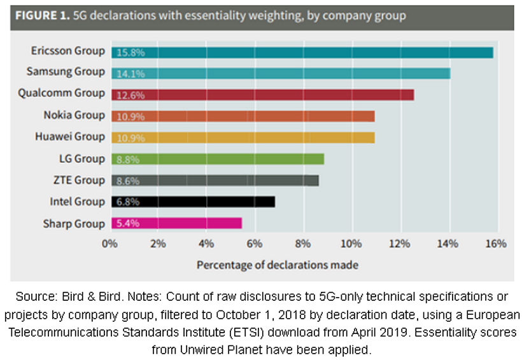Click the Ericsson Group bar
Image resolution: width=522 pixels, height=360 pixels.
[x=302, y=52]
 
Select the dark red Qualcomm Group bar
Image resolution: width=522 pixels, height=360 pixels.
[x=263, y=95]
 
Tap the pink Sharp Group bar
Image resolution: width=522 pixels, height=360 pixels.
[x=177, y=223]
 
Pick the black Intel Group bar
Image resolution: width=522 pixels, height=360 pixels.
[x=194, y=202]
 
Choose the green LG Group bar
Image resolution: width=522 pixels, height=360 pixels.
[x=218, y=159]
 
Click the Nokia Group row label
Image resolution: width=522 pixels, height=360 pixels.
[x=74, y=115]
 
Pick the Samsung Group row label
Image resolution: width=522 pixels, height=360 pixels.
[x=66, y=72]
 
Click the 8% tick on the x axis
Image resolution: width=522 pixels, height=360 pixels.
[x=303, y=244]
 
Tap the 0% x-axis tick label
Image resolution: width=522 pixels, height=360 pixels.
[x=111, y=244]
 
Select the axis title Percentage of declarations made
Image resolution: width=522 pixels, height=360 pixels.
[x=277, y=264]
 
